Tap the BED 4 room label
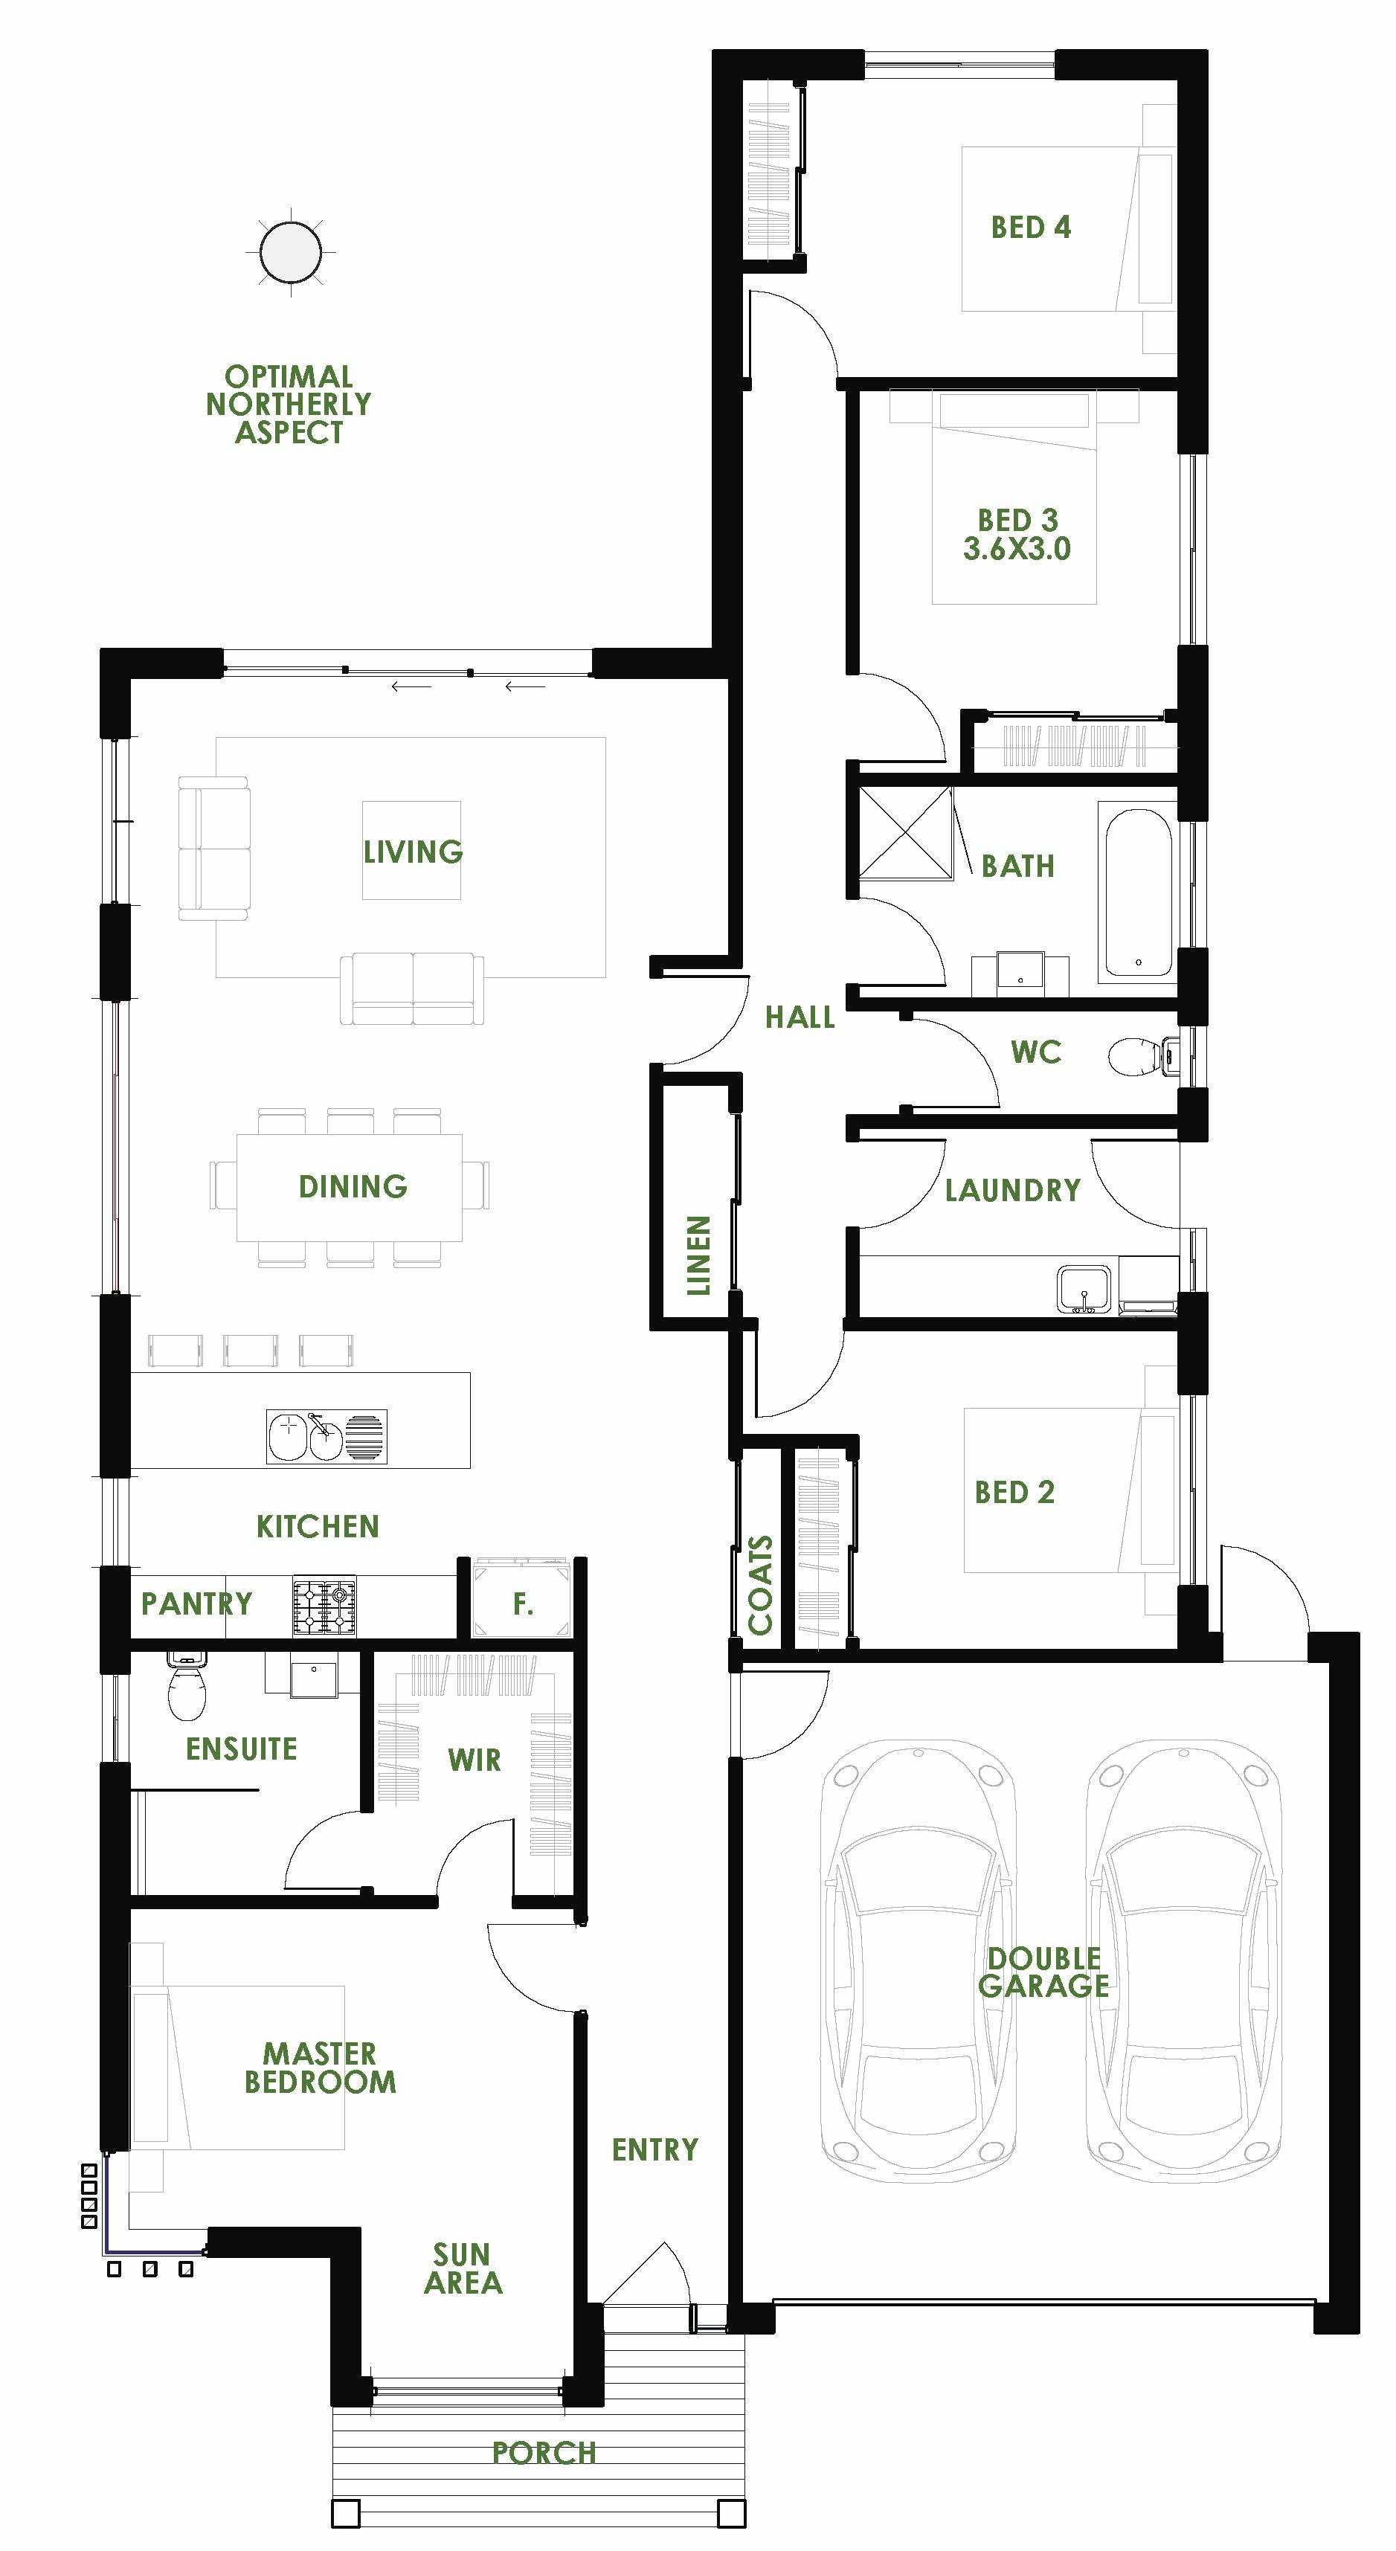point(1031,228)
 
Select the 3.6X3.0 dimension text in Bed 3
point(1017,549)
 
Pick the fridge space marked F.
point(523,1603)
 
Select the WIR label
point(475,1760)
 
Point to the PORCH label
point(544,2452)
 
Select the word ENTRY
point(654,2149)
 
